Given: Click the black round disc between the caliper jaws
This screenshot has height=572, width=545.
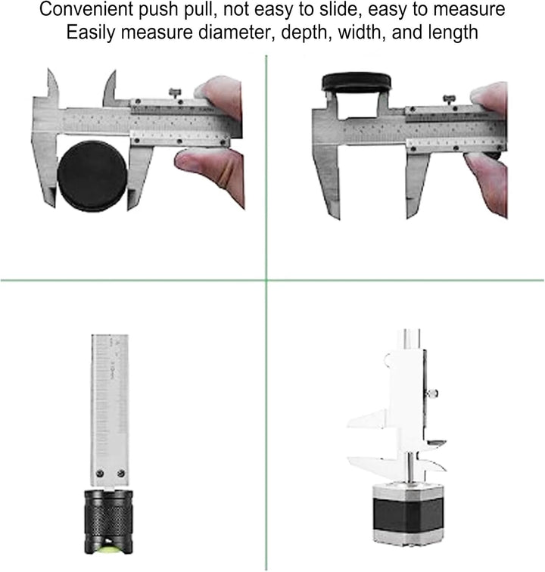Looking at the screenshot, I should point(92,176).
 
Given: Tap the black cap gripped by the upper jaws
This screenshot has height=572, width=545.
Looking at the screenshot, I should point(356,81).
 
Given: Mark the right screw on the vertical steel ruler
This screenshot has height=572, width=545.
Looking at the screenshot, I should point(120,473).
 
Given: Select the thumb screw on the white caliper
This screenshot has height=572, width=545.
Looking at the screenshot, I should point(434,393).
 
